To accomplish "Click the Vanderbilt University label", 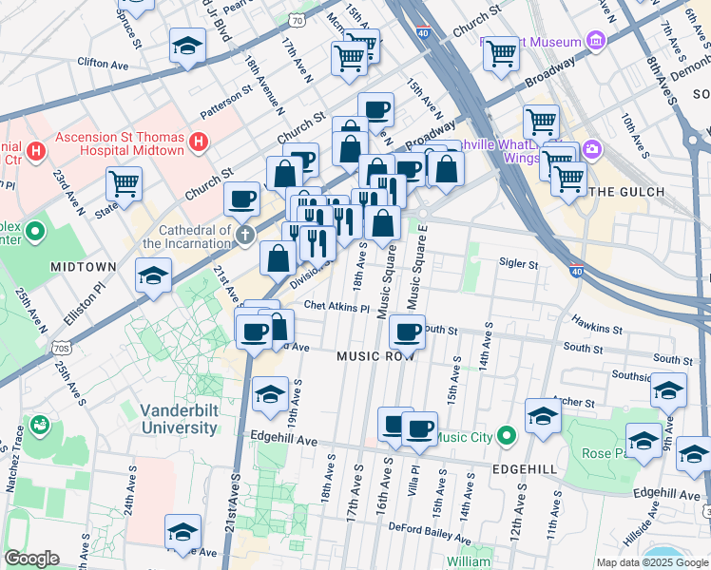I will click(179, 419).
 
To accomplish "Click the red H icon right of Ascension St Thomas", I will click(198, 144).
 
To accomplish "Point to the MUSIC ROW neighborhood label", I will click(376, 355).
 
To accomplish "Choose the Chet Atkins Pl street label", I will click(336, 308).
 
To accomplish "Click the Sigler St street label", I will click(519, 265).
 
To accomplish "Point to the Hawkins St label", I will click(597, 329).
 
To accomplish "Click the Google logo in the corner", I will click(31, 559).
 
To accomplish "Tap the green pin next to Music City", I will click(507, 437).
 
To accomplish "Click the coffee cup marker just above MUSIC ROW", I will click(407, 332).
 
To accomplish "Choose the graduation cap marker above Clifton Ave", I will click(187, 46).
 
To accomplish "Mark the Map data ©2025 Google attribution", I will click(651, 562).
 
